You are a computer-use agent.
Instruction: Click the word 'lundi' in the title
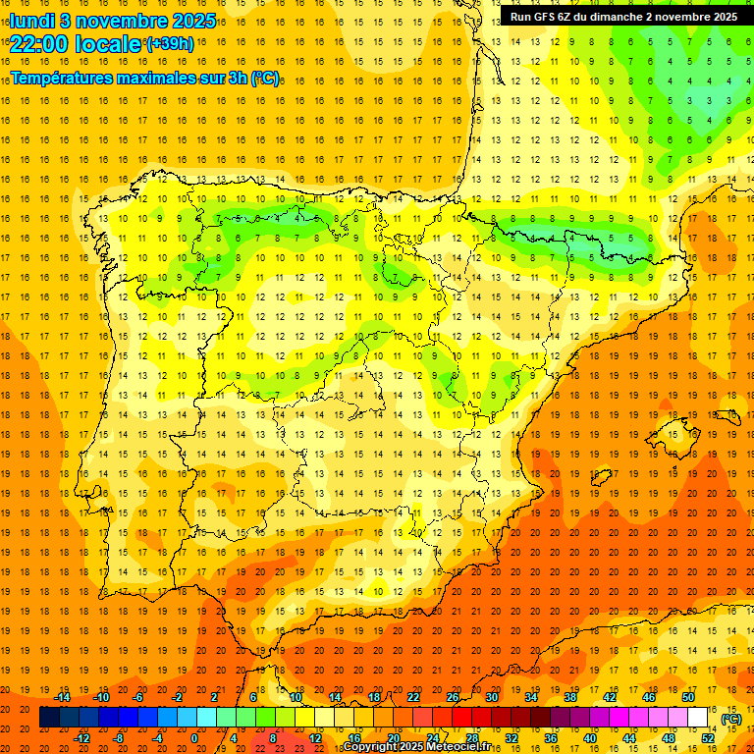(31, 20)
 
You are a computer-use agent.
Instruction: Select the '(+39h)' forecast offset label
(170, 44)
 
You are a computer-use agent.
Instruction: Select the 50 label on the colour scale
(688, 697)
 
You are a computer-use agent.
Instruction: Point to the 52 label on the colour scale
(708, 738)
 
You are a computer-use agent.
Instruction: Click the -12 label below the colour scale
(81, 738)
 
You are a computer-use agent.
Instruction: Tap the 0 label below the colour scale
(194, 738)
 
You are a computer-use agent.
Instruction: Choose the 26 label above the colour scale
(453, 697)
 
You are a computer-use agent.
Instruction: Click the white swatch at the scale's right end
(697, 718)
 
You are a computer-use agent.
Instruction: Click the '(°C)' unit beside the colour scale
(731, 719)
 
